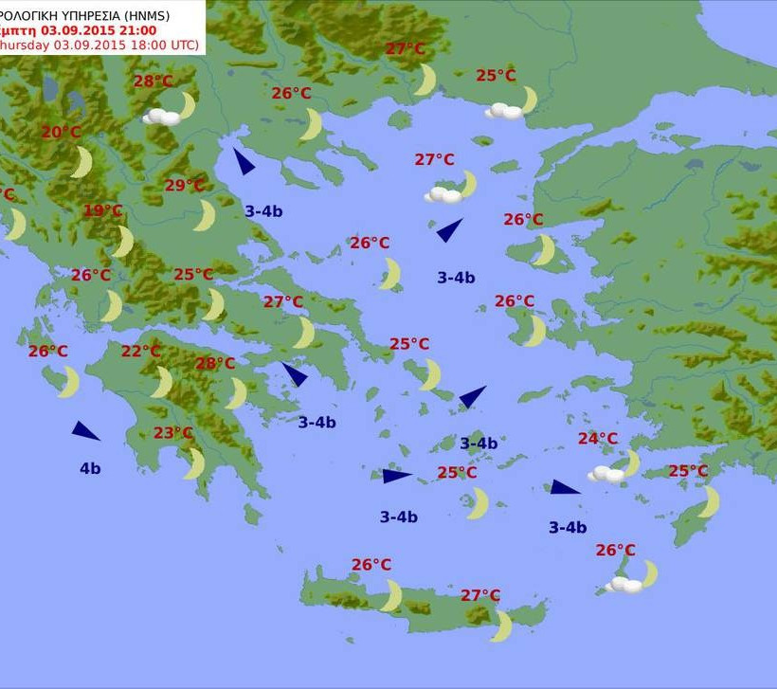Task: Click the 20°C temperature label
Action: point(61,133)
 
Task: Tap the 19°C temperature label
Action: point(103,210)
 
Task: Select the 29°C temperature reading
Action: point(185,186)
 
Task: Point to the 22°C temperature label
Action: point(141,352)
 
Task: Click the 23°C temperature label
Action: point(173,433)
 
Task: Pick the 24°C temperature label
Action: point(598,439)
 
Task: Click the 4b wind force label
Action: point(90,468)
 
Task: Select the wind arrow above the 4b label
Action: point(85,431)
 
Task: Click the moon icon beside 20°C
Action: point(82,161)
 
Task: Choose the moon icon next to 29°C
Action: point(205,215)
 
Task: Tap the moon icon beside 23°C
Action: point(195,463)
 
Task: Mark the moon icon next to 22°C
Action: point(163,382)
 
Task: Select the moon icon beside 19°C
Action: point(123,241)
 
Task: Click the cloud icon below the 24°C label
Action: point(605,474)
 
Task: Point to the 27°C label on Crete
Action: point(480,595)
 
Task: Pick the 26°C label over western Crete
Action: point(371,565)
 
